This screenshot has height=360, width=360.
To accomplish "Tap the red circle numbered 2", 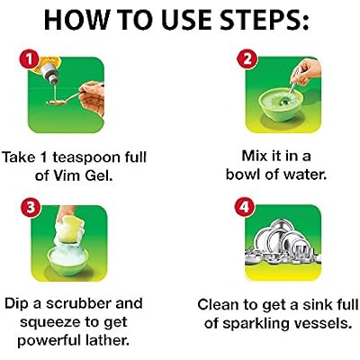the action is point(247,60).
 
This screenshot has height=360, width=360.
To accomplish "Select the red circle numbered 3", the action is point(31,208).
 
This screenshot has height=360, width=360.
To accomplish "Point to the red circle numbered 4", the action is point(245,207).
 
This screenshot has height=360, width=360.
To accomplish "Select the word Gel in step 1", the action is point(99,175).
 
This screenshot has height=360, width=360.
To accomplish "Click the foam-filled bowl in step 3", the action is point(68,258).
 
